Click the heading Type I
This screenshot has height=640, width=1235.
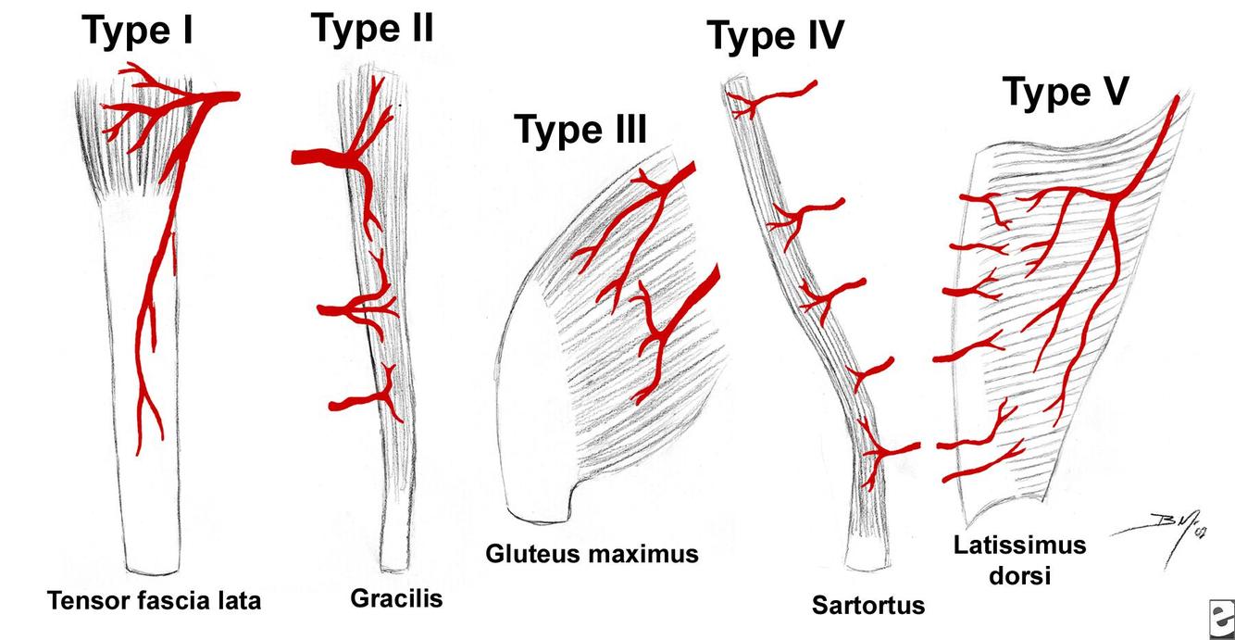pos(138,31)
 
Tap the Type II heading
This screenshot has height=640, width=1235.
pos(372,29)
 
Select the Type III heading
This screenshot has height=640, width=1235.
pos(580,130)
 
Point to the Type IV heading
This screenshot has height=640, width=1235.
pos(776,36)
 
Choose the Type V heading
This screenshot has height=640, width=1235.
pos(1066,92)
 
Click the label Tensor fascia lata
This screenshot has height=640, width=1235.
pos(155,601)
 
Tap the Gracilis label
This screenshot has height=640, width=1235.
pos(396,598)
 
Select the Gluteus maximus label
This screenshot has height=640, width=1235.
pos(592,554)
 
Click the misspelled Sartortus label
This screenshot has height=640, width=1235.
pos(868,606)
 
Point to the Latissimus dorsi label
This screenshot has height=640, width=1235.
pos(1019,559)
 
